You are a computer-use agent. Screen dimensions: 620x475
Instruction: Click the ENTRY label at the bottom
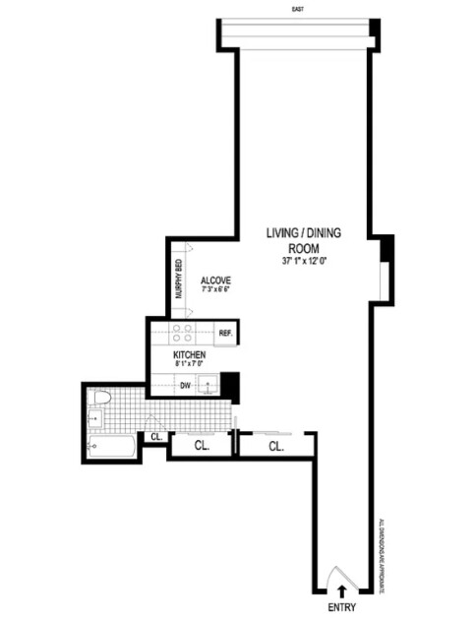[x=342, y=608]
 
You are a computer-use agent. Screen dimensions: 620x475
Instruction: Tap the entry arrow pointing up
[x=342, y=591]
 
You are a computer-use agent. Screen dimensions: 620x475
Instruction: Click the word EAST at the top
[x=297, y=8]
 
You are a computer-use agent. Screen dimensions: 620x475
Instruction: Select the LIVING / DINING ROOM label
[x=300, y=241]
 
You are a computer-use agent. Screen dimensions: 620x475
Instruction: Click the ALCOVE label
[x=214, y=279]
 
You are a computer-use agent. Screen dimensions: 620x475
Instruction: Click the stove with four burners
[x=182, y=333]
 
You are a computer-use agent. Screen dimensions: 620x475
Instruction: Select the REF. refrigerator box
[x=224, y=334]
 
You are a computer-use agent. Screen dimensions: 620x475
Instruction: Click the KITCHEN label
[x=189, y=354]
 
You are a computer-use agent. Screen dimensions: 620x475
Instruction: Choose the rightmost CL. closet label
[x=274, y=446]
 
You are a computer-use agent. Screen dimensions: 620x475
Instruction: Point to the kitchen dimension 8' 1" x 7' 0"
[x=189, y=365]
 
